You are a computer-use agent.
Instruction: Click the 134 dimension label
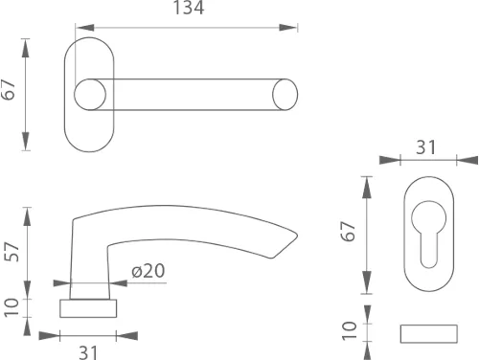pyautogui.click(x=189, y=8)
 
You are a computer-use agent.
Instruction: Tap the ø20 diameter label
pyautogui.click(x=148, y=271)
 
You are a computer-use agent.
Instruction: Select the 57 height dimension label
pyautogui.click(x=11, y=252)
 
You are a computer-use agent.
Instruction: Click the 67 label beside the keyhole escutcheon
pyautogui.click(x=348, y=231)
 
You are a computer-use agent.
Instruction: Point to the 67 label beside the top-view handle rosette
pyautogui.click(x=8, y=90)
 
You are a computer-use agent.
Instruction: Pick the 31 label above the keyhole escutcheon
pyautogui.click(x=426, y=147)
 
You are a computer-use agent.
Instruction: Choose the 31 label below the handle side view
pyautogui.click(x=88, y=352)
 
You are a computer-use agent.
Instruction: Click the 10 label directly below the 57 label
pyautogui.click(x=11, y=307)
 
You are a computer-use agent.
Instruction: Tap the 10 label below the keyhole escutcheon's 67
pyautogui.click(x=349, y=331)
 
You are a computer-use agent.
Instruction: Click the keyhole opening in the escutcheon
pyautogui.click(x=428, y=233)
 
